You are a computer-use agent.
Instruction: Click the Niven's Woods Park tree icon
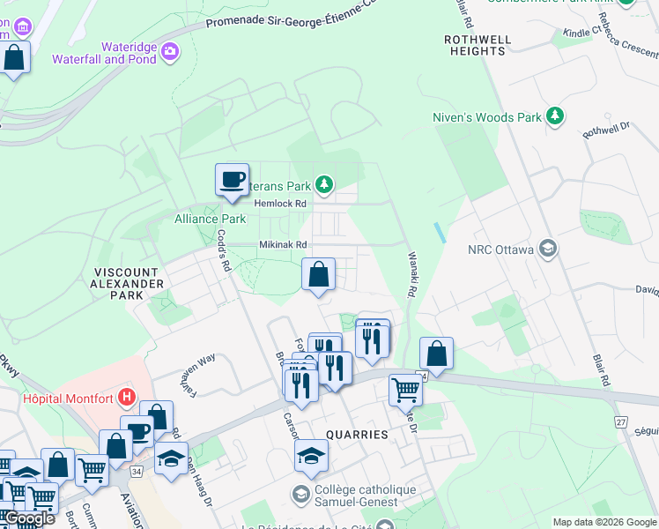coord(555,116)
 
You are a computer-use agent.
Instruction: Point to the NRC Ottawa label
coord(501,250)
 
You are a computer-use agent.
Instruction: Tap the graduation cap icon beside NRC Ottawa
coord(549,250)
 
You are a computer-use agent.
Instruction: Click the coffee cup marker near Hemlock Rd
coord(233,180)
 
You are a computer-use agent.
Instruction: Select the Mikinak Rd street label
coord(283,245)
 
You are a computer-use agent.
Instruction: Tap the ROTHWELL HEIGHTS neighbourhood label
coord(475,46)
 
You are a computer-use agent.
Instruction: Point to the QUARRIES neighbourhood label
coord(357,435)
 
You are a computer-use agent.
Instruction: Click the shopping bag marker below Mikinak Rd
coord(319,274)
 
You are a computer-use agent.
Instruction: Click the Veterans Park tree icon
coord(325,184)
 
